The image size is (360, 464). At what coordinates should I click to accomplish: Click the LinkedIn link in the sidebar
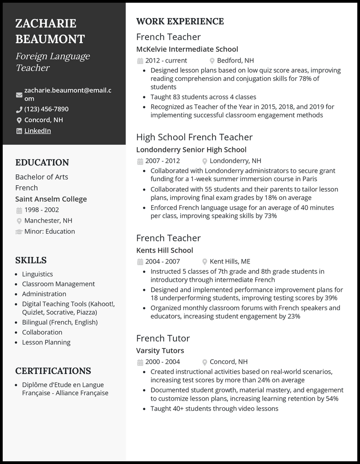[37, 131]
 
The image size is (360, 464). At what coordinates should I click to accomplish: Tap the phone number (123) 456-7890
[46, 109]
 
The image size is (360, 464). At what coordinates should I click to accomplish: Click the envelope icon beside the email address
[19, 95]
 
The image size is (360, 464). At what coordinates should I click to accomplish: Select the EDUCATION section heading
[42, 163]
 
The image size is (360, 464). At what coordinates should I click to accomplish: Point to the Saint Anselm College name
[51, 199]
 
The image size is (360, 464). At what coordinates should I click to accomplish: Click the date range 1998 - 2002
[41, 210]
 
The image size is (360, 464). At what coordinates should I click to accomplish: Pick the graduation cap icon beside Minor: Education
[19, 232]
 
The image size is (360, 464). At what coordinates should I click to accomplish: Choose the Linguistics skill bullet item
[37, 274]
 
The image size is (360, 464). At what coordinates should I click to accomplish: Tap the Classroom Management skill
[58, 284]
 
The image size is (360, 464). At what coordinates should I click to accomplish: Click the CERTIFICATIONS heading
[53, 371]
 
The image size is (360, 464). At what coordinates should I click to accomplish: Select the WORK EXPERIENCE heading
[180, 22]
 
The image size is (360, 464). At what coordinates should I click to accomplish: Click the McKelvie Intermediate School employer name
[187, 49]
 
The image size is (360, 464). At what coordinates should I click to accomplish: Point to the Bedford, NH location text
[235, 60]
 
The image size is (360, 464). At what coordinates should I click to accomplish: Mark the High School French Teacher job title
[194, 137]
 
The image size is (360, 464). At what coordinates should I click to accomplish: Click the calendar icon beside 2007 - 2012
[140, 161]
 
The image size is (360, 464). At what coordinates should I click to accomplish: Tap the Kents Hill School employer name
[165, 250]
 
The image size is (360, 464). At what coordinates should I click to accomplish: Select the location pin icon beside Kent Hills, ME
[205, 262]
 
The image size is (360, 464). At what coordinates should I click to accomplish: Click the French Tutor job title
[163, 338]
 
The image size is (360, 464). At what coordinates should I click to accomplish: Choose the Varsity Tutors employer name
[160, 351]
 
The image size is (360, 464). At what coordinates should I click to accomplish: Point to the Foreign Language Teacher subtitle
[53, 62]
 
